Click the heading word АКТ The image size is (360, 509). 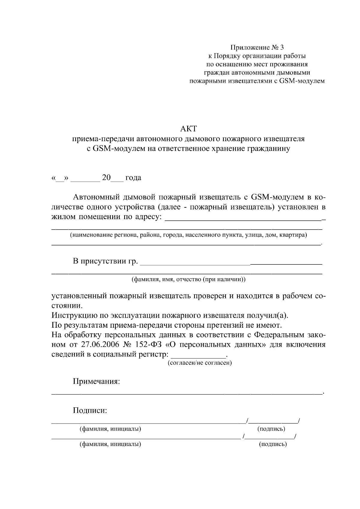point(188,129)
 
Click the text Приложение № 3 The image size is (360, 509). point(256,47)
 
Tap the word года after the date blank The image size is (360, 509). point(133,178)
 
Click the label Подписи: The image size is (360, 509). point(90,410)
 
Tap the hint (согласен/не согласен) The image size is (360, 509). point(199,363)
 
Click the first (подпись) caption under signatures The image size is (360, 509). point(271,429)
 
